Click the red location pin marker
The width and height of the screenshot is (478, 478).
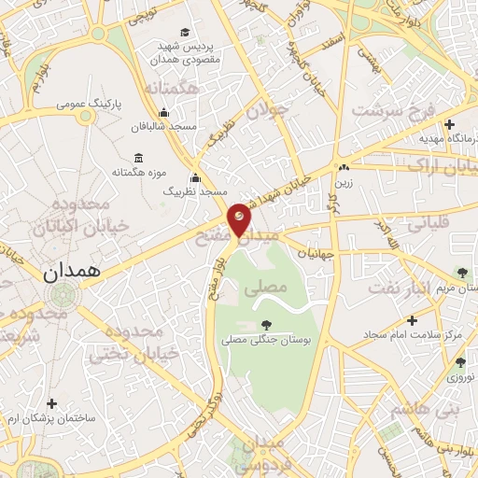coord(240,218)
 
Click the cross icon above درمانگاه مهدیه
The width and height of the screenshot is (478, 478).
coord(450,123)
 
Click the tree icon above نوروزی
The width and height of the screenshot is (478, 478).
coord(459,362)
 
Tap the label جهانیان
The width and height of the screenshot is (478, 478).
coord(316,253)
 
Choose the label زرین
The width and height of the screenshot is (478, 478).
coord(344,184)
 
